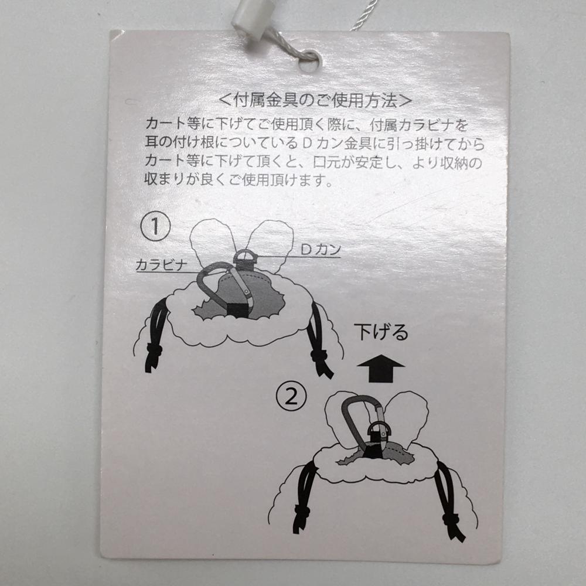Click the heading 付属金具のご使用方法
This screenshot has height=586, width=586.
(315, 100)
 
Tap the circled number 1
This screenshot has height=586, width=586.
(155, 227)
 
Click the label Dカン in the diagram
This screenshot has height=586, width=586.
(321, 249)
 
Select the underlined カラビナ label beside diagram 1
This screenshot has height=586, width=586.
(162, 265)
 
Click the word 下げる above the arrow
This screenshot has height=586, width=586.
(381, 332)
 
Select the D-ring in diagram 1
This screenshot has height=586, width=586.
(246, 257)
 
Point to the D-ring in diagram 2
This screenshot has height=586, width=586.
(378, 429)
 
